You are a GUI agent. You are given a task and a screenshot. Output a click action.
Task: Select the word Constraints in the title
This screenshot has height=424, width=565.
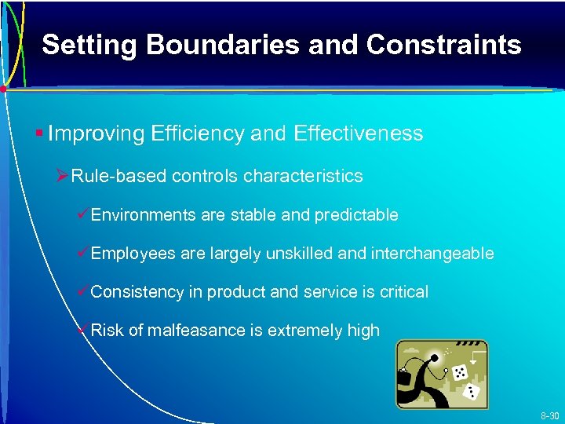443,45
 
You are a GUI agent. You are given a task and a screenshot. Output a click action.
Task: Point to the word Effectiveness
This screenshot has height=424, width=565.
358,133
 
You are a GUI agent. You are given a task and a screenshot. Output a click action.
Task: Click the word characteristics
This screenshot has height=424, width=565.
303,176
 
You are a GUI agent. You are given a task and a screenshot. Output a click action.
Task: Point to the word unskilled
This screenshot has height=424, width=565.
292,253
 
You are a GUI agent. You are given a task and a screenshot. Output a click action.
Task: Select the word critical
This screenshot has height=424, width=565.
404,292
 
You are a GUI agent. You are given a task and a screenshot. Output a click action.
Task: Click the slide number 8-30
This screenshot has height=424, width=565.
549,415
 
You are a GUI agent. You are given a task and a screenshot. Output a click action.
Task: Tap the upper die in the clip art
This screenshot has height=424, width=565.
460,371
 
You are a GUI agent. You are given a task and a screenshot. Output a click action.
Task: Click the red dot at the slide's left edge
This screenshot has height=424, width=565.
4,90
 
